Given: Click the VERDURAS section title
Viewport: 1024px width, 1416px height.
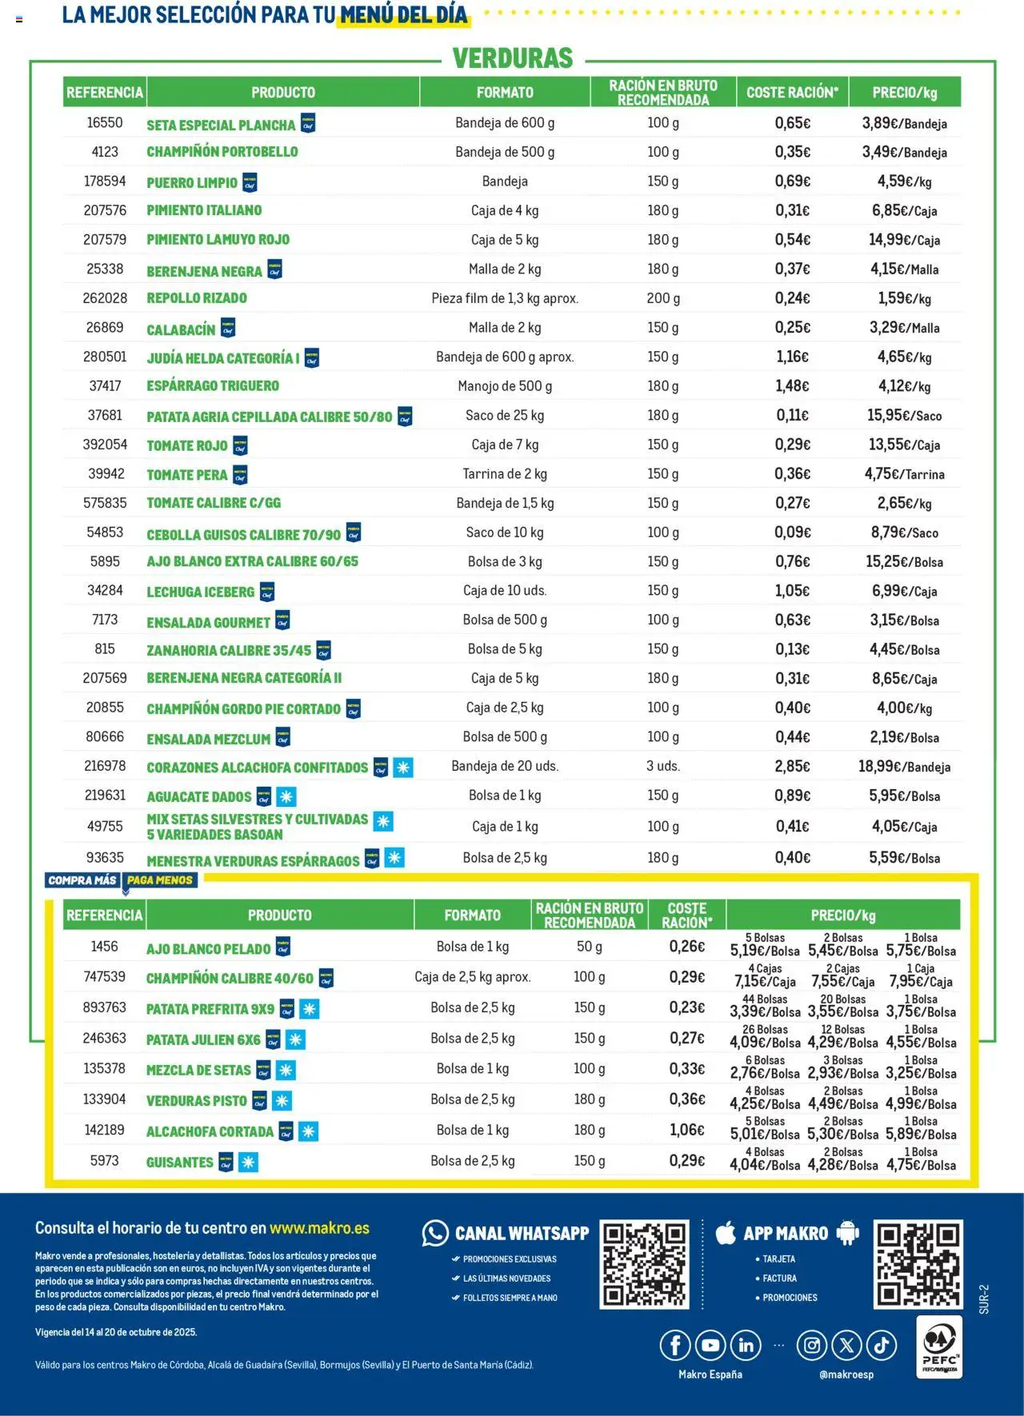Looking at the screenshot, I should (x=513, y=58).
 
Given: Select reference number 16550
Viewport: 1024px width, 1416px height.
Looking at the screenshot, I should (x=105, y=123).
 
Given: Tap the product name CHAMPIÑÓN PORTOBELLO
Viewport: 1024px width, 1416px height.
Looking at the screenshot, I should (x=222, y=152).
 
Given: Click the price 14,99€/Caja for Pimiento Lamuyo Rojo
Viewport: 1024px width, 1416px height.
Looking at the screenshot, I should (x=904, y=240).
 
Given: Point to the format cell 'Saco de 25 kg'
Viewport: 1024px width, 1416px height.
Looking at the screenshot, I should (x=505, y=416).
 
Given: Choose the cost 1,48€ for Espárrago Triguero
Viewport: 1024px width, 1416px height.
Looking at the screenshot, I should (x=792, y=386).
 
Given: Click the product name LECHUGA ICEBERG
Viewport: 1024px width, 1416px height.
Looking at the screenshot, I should (x=200, y=592).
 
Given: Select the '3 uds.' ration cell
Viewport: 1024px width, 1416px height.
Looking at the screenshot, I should (x=662, y=766).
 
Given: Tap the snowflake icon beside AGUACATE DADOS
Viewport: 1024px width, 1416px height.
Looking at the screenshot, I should (x=286, y=796).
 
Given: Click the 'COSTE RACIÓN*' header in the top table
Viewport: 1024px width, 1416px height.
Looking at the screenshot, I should (x=792, y=93).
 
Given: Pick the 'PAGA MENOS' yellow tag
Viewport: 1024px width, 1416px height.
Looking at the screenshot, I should (x=160, y=880).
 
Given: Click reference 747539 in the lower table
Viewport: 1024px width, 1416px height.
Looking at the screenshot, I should (x=104, y=977).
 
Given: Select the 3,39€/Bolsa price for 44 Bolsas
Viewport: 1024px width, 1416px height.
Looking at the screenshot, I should (x=765, y=1011).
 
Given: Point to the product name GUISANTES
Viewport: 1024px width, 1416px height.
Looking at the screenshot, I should (x=179, y=1163).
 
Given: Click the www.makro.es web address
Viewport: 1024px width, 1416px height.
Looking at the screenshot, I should (x=319, y=1228).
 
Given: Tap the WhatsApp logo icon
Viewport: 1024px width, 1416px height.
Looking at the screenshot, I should (x=435, y=1234).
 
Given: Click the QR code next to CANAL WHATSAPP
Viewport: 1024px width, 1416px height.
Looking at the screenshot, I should (x=644, y=1264).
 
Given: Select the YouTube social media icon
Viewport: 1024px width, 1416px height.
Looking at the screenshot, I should (x=710, y=1346).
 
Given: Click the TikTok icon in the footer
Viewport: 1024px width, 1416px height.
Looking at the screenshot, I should (x=882, y=1346).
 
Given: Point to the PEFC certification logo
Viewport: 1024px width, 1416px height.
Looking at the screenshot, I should (x=938, y=1347).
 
